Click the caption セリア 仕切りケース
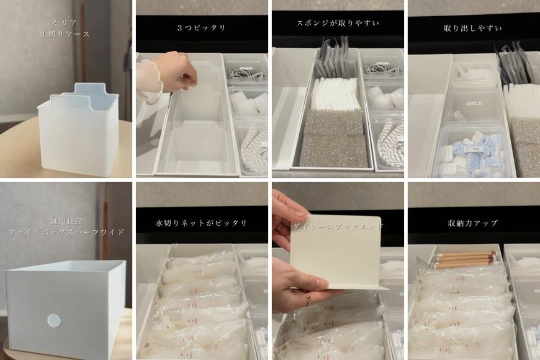[65, 28]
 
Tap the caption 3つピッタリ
[202, 28]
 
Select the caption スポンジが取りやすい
[338, 24]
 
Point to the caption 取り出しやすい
[473, 28]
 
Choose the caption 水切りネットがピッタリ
[202, 223]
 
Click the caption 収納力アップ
[473, 223]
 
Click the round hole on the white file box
[55, 320]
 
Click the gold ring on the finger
[308, 300]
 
